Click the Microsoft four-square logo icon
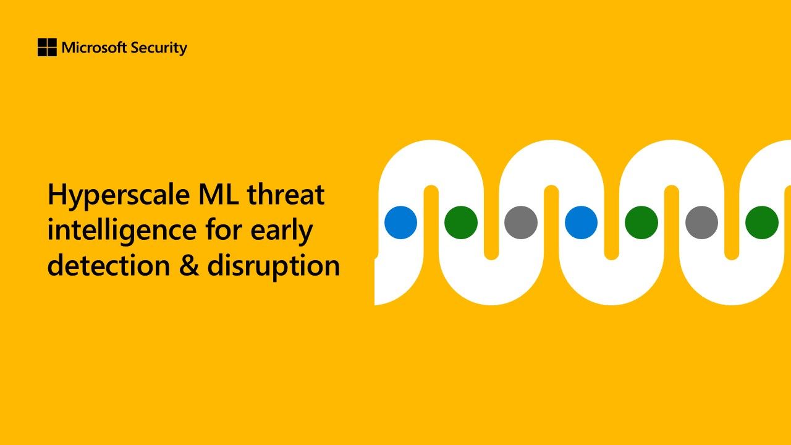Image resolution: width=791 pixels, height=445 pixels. click(47, 48)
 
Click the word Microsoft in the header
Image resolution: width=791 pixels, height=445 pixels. click(94, 48)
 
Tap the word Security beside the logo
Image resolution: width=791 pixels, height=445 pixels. click(159, 48)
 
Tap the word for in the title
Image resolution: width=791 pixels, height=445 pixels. click(224, 229)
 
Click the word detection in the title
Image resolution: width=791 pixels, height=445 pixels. click(109, 265)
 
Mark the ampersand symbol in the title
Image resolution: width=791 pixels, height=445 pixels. click(188, 265)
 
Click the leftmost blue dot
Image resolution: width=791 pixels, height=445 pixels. click(401, 222)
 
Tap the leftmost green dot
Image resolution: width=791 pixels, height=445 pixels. click(461, 222)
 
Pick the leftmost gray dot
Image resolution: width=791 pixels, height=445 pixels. click(521, 222)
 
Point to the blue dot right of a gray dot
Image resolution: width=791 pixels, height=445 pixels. click(582, 222)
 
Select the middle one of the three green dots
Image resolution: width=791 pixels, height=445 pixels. click(641, 222)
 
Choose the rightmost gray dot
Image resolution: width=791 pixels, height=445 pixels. click(701, 222)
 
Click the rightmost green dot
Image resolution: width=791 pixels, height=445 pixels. click(762, 222)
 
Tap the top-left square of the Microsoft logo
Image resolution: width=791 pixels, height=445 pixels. click(42, 43)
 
